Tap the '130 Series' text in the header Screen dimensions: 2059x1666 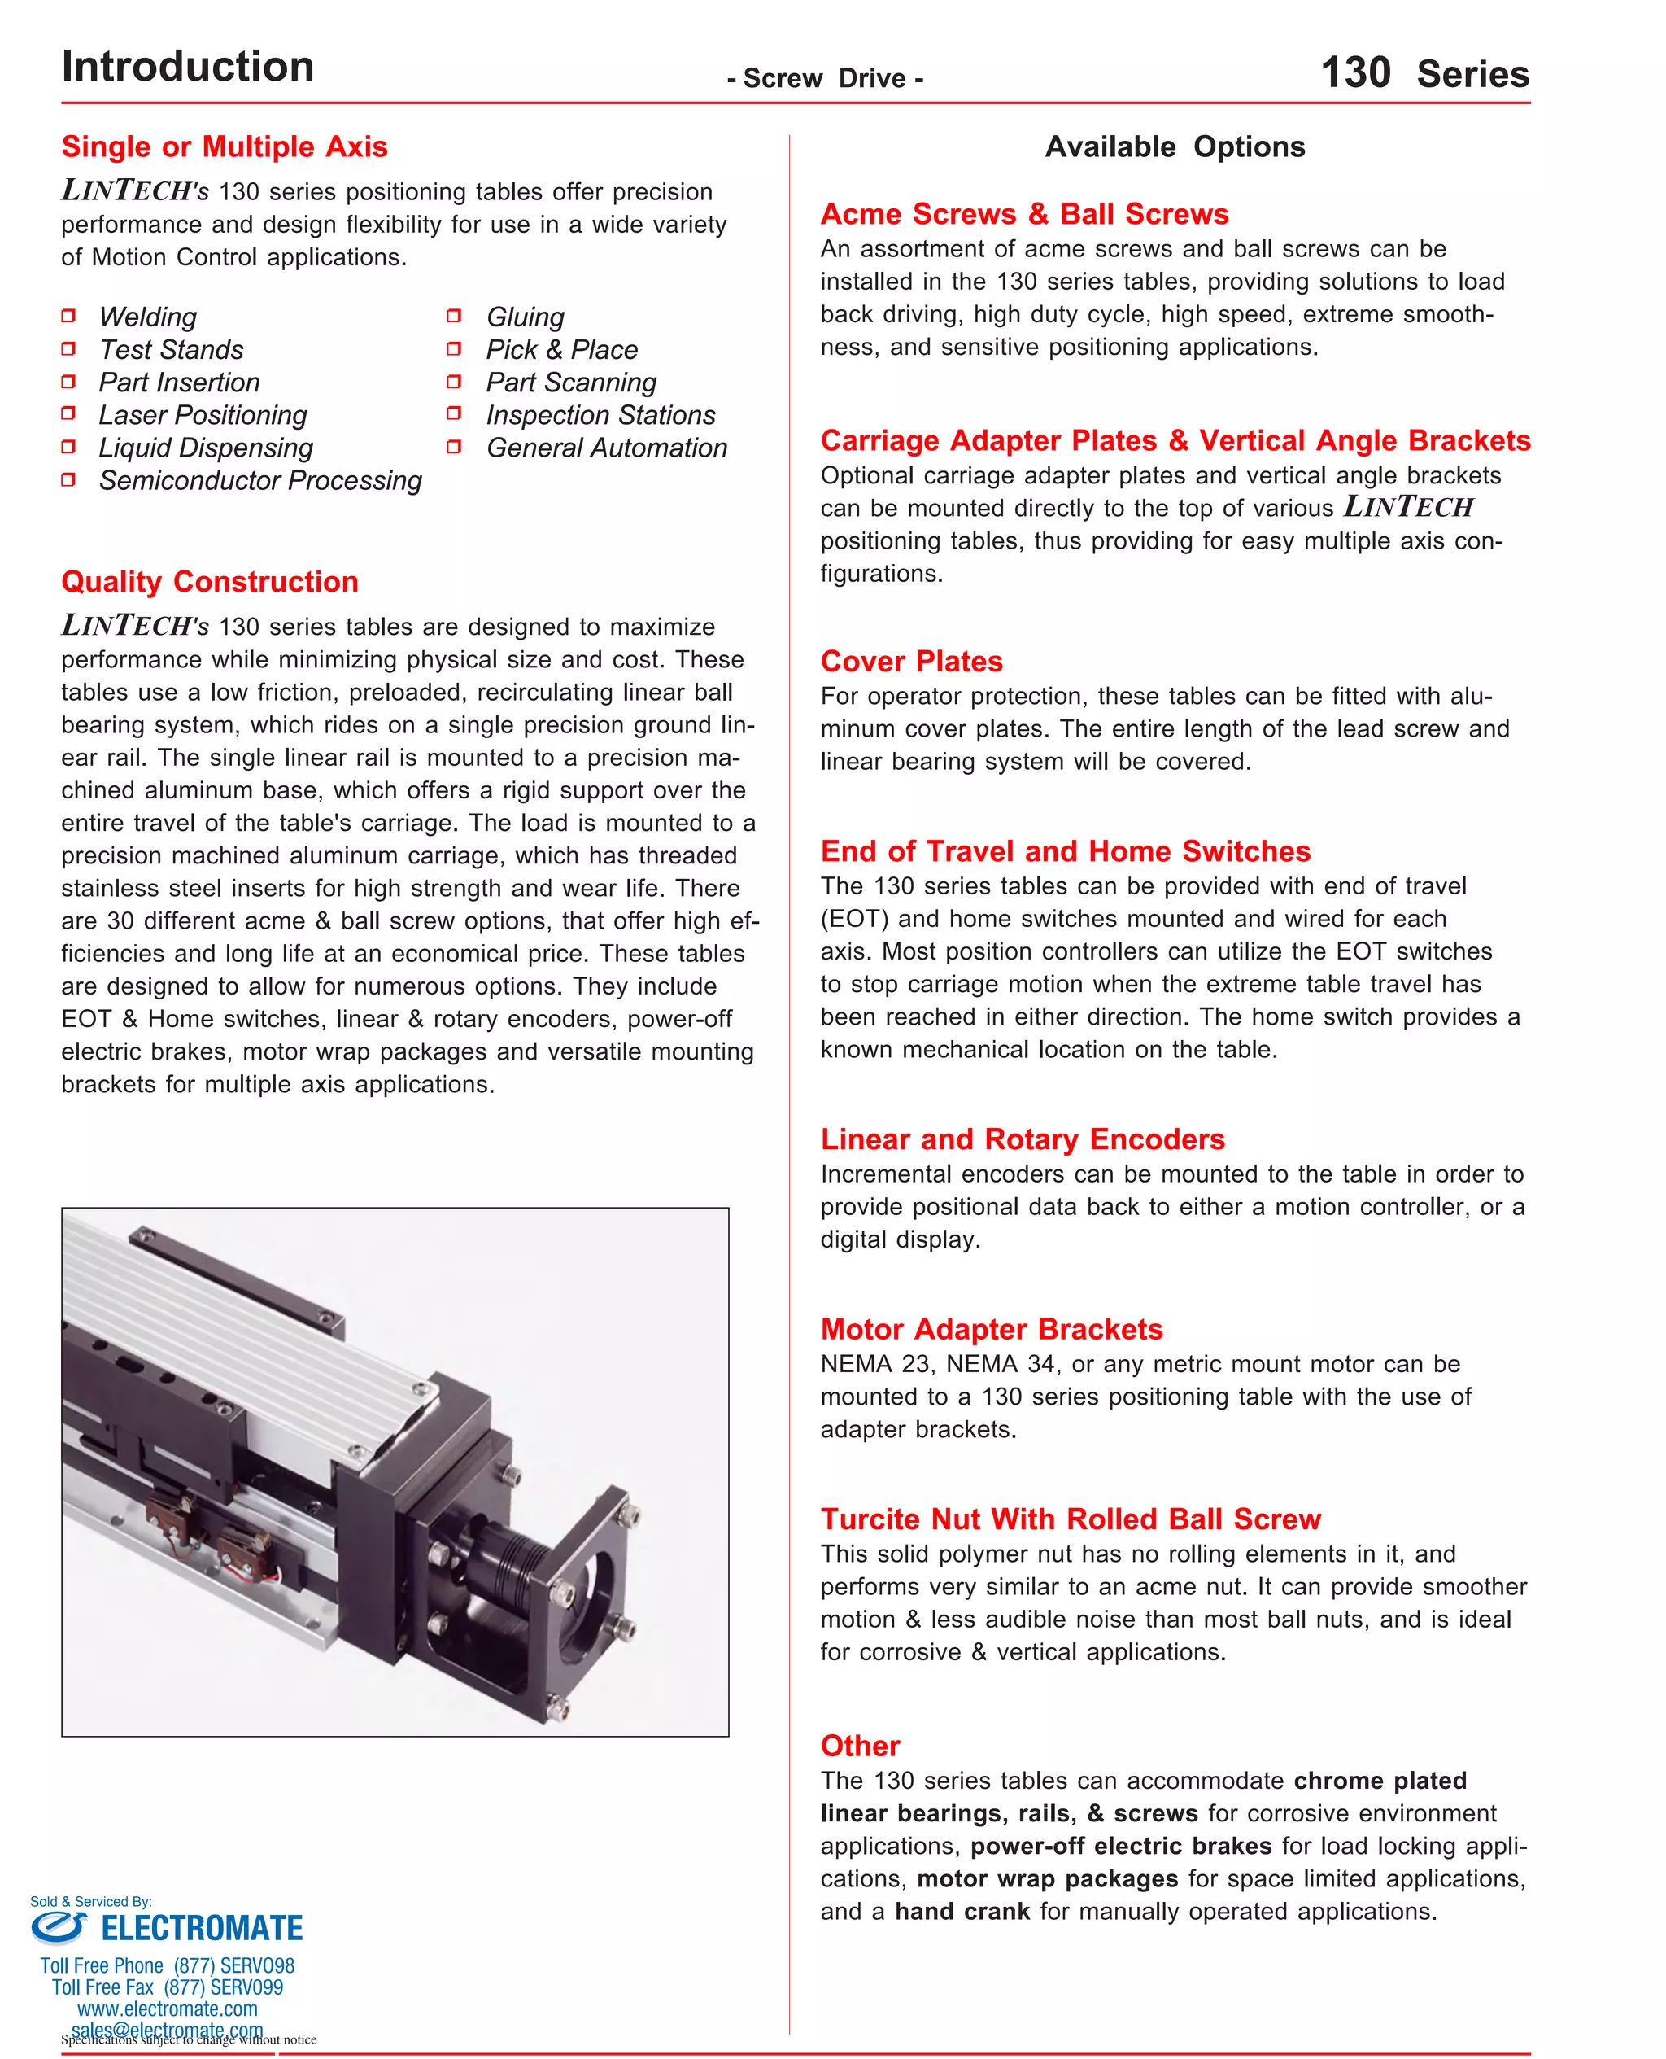point(1424,73)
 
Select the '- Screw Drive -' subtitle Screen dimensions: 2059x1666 point(824,79)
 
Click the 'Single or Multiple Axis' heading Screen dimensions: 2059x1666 point(224,146)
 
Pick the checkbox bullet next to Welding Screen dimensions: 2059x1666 point(68,316)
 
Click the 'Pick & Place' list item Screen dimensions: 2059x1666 point(560,349)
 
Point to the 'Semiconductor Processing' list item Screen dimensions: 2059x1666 point(259,480)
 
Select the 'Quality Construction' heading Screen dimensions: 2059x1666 point(209,582)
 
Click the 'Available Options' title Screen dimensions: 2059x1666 point(1174,146)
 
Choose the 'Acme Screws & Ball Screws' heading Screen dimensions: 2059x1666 point(1023,214)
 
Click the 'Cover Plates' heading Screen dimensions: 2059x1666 point(911,662)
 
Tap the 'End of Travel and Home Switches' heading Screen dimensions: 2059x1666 point(1064,851)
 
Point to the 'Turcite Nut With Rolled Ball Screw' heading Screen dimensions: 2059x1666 point(1070,1519)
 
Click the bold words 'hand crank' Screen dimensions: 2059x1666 point(962,1911)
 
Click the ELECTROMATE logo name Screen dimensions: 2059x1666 point(202,1927)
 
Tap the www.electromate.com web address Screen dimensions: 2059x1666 point(167,2009)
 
